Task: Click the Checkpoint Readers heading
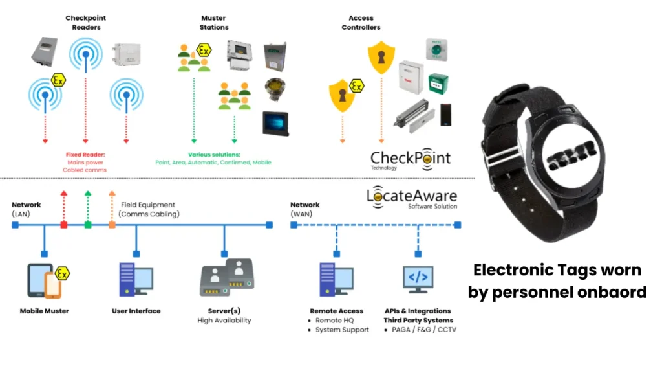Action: coord(86,23)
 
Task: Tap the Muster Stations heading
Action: coord(213,23)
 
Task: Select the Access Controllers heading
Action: coord(361,23)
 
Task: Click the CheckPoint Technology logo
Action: coord(411,159)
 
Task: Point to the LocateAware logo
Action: coord(412,197)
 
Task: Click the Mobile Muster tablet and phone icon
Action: coord(48,280)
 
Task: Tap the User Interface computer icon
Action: coord(136,279)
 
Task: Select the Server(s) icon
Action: coord(227,277)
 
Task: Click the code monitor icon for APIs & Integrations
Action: coord(418,279)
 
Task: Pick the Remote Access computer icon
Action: coord(336,279)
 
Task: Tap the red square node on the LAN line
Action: coord(64,225)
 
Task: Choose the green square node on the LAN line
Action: coord(88,225)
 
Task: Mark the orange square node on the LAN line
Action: coord(112,225)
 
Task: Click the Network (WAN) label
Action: coord(305,209)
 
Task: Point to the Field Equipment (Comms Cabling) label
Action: coord(149,209)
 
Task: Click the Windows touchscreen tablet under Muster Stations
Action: coord(275,124)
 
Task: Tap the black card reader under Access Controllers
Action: coord(446,115)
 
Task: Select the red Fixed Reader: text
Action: coord(85,155)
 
